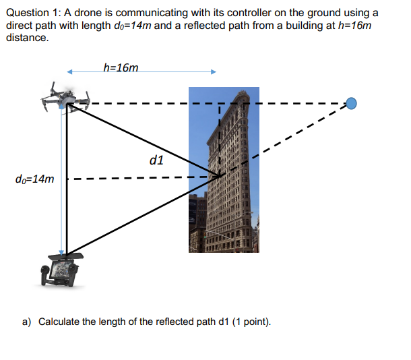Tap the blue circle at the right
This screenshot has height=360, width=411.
point(351,103)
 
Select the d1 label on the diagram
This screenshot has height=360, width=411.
point(156,160)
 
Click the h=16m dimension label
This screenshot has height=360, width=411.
point(121,67)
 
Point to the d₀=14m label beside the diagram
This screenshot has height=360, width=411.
point(34,179)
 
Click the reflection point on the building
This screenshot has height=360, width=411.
point(220,177)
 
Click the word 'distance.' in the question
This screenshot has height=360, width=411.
point(27,37)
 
